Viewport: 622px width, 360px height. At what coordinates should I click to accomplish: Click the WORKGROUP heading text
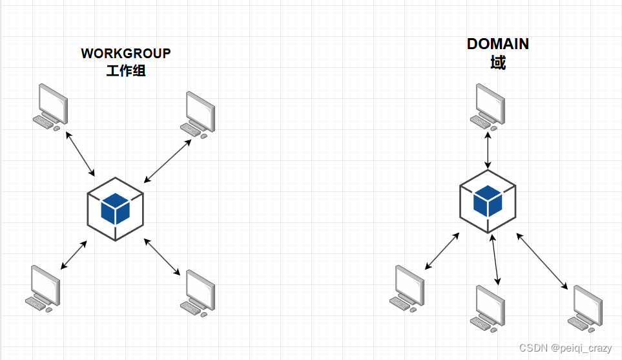pos(126,54)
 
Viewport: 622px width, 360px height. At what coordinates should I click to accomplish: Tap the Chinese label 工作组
pos(126,70)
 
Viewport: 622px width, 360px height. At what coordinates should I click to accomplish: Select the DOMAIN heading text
pos(498,44)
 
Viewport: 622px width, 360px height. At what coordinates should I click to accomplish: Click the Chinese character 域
pos(498,63)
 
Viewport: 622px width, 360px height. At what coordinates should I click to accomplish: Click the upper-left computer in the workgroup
pos(51,106)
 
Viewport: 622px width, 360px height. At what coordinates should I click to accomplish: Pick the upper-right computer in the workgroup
pos(199,114)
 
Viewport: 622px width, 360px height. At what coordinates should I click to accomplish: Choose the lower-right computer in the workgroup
pos(198,293)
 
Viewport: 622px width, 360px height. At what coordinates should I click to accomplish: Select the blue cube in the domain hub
pos(488,200)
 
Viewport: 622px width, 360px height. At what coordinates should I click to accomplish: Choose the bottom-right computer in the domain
pos(586,306)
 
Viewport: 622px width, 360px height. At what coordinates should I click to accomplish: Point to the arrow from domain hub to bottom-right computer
pos(542,261)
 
